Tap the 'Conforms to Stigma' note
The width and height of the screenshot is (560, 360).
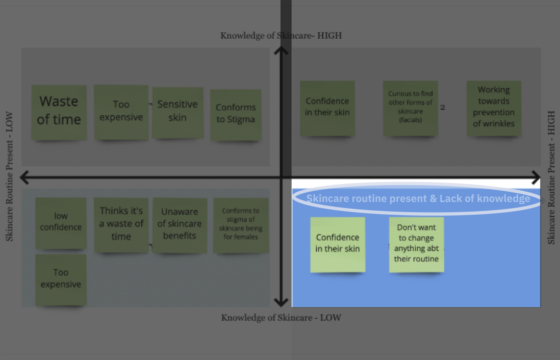click(x=236, y=114)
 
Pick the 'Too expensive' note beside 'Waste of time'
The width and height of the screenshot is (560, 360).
click(x=121, y=112)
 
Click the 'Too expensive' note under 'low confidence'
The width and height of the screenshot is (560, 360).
click(x=61, y=279)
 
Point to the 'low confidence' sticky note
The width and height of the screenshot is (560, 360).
click(x=61, y=222)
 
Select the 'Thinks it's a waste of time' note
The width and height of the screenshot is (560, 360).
click(x=121, y=224)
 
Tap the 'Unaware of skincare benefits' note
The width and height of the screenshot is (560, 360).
click(x=180, y=225)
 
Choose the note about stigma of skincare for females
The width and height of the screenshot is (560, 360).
click(x=241, y=225)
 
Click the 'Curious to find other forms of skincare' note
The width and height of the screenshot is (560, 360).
click(x=411, y=108)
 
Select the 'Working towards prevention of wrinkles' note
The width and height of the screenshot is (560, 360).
click(x=494, y=108)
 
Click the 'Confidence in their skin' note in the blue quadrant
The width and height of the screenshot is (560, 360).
click(x=338, y=244)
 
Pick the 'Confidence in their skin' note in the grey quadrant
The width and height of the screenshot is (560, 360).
click(x=327, y=107)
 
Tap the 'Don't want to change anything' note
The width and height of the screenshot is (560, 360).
click(x=416, y=244)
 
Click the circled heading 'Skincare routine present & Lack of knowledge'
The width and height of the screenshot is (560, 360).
click(x=418, y=198)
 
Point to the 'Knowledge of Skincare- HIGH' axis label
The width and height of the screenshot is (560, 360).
click(x=281, y=36)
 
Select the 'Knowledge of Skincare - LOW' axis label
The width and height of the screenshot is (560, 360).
click(x=281, y=318)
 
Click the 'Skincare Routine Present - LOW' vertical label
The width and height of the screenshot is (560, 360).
click(x=9, y=176)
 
